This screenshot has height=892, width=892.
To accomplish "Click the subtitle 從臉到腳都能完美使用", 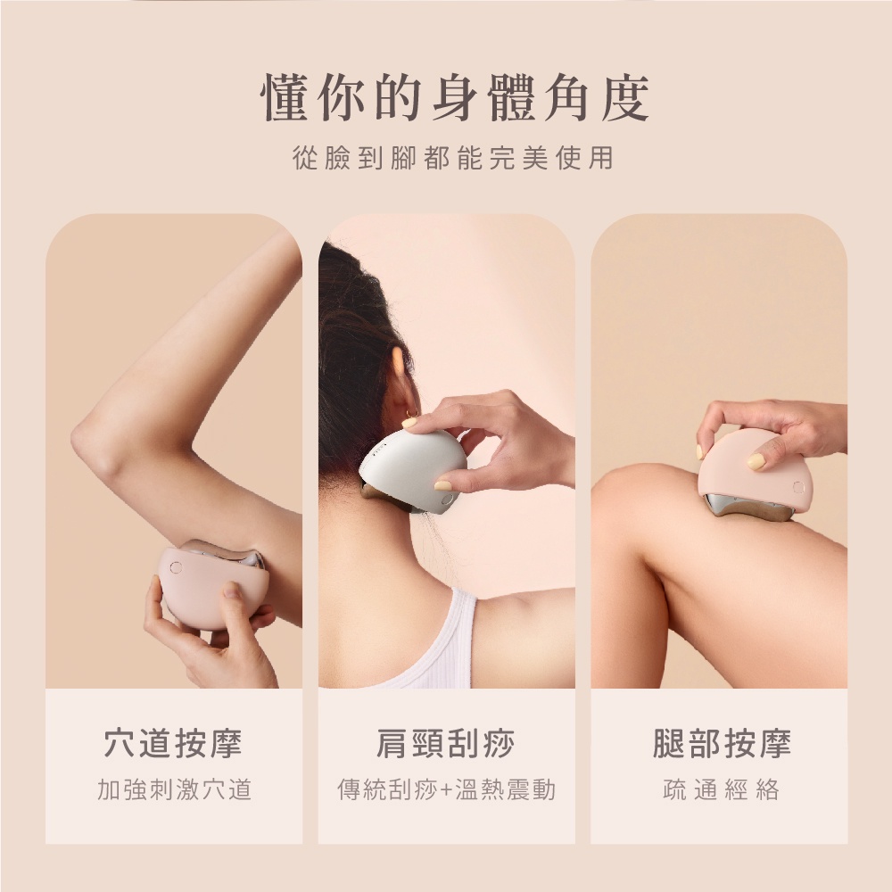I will [x=454, y=158].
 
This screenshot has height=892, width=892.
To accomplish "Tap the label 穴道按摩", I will [x=173, y=743].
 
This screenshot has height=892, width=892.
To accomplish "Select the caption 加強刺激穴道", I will [x=173, y=789].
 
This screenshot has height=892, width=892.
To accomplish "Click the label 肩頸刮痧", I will [x=445, y=743].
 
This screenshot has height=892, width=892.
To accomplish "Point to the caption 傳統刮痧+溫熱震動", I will [x=445, y=789].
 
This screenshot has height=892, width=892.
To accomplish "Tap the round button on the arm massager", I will [x=176, y=567].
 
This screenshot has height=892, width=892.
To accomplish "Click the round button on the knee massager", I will [x=797, y=487].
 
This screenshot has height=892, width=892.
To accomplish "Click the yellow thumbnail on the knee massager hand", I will [x=756, y=461].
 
